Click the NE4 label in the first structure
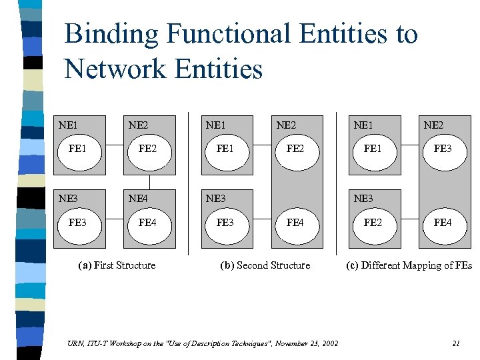click(x=138, y=199)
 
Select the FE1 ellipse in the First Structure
click(x=77, y=149)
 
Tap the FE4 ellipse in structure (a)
click(x=147, y=223)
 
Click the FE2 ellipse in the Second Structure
click(x=295, y=149)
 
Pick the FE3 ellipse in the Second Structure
click(x=225, y=223)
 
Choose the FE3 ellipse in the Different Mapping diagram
click(x=442, y=149)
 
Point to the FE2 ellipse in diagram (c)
click(x=373, y=223)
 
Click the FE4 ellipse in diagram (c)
click(x=442, y=223)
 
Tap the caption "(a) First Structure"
click(x=117, y=265)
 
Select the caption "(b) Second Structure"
click(x=265, y=265)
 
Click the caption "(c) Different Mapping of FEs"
click(x=409, y=265)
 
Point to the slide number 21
click(x=456, y=343)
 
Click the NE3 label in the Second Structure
click(x=216, y=199)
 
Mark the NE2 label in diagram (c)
click(x=434, y=125)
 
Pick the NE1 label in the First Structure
click(x=68, y=125)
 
